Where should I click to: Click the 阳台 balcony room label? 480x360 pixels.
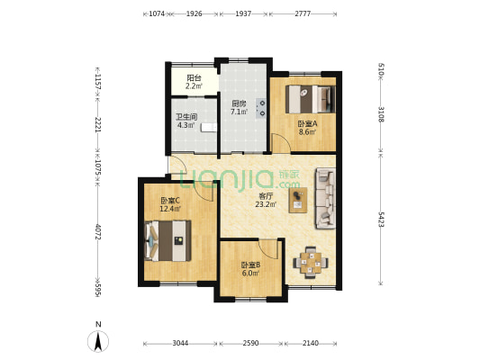tap(194, 78)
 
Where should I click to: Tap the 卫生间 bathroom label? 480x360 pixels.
tap(186, 117)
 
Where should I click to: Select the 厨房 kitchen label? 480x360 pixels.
tap(239, 103)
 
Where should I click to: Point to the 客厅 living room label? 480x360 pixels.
tap(266, 196)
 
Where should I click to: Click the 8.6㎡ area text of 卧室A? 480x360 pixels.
tap(308, 132)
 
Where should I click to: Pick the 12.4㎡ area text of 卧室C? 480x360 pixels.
tap(170, 209)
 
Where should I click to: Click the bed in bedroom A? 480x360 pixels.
tap(311, 99)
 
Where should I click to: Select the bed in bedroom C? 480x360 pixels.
tap(168, 241)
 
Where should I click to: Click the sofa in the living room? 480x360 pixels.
tap(325, 198)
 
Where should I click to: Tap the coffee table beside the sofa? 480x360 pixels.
tap(298, 200)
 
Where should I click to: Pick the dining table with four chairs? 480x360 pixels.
tap(311, 263)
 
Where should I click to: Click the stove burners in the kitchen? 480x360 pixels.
tap(262, 108)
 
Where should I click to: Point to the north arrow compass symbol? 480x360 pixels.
tap(98, 341)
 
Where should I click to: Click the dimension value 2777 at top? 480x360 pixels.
tap(303, 13)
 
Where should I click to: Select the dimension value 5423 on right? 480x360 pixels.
tap(381, 219)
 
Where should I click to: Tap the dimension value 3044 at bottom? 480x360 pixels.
tap(180, 343)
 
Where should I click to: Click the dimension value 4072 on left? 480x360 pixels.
tap(98, 232)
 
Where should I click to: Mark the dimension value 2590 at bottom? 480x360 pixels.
tap(251, 343)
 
